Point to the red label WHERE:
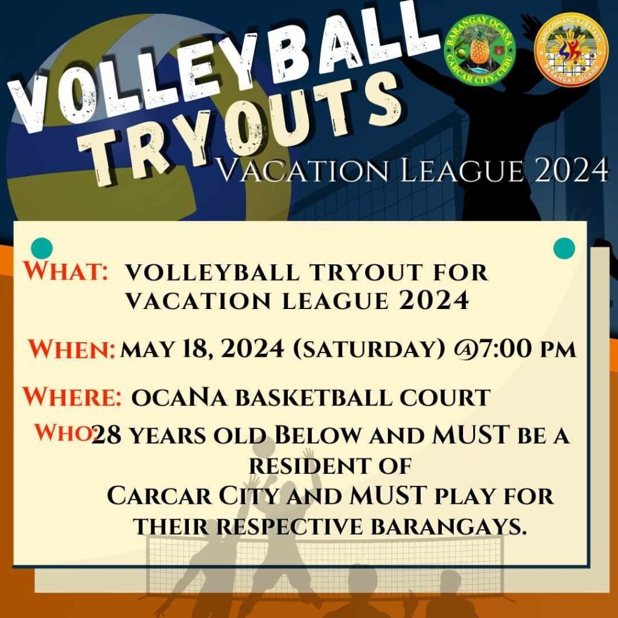click(x=72, y=396)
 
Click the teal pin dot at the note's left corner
click(x=42, y=248)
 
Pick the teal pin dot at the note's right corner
click(x=564, y=248)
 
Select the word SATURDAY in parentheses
click(x=369, y=349)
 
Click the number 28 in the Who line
click(x=106, y=435)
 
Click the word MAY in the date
click(x=147, y=349)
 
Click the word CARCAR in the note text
click(x=159, y=496)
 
